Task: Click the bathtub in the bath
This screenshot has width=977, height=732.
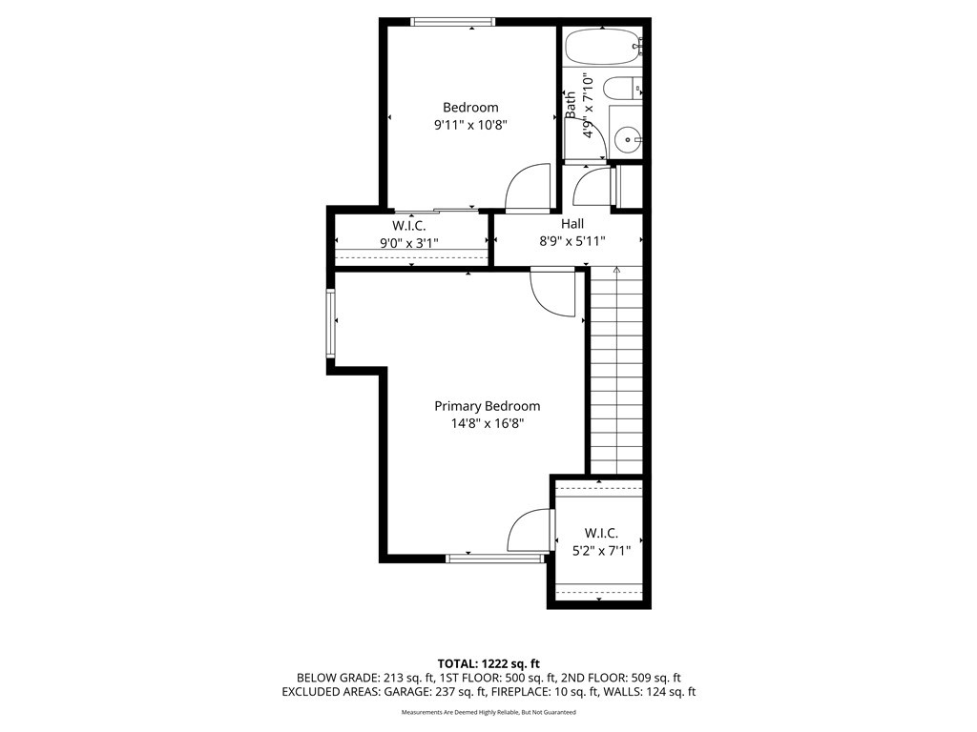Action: [602, 45]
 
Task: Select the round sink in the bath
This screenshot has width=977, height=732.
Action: [628, 141]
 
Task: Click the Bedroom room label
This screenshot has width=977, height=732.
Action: [470, 108]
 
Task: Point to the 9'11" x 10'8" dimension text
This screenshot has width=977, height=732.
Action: [470, 124]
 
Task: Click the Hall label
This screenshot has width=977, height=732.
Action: [572, 224]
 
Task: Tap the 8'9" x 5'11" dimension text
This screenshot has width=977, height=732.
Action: [572, 241]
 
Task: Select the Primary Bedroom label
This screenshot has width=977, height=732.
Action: [487, 406]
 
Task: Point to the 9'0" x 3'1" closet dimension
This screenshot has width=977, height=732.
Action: [409, 243]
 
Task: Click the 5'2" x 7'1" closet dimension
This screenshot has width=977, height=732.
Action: [601, 550]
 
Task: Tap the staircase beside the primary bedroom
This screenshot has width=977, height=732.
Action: [615, 381]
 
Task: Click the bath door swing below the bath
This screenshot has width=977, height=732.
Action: [592, 186]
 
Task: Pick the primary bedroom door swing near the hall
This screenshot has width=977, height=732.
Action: [551, 294]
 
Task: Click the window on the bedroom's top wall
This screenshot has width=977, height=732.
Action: [452, 22]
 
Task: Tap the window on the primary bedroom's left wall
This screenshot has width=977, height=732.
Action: [330, 324]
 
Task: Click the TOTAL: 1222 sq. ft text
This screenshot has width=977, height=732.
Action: [488, 663]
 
